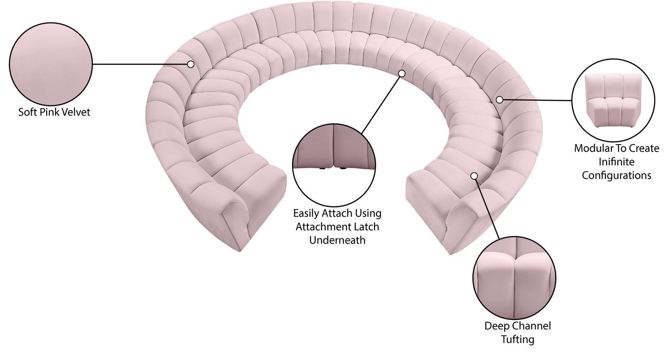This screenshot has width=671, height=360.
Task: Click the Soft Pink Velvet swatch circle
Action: click(51, 64)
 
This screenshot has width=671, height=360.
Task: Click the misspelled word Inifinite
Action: click(616, 162)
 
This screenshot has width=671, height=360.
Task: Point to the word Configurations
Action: click(616, 175)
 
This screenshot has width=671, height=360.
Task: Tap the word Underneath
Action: click(337, 240)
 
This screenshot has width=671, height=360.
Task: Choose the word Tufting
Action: click(518, 339)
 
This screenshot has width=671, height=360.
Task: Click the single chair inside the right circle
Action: click(613, 100)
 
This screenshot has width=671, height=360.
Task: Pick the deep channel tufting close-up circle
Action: click(514, 278)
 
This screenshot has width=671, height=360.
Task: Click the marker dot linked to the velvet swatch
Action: click(191, 64)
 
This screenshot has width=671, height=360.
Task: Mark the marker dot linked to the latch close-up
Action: click(401, 73)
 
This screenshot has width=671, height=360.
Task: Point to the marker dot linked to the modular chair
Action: click(499, 100)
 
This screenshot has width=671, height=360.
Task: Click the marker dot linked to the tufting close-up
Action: click(474, 176)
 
